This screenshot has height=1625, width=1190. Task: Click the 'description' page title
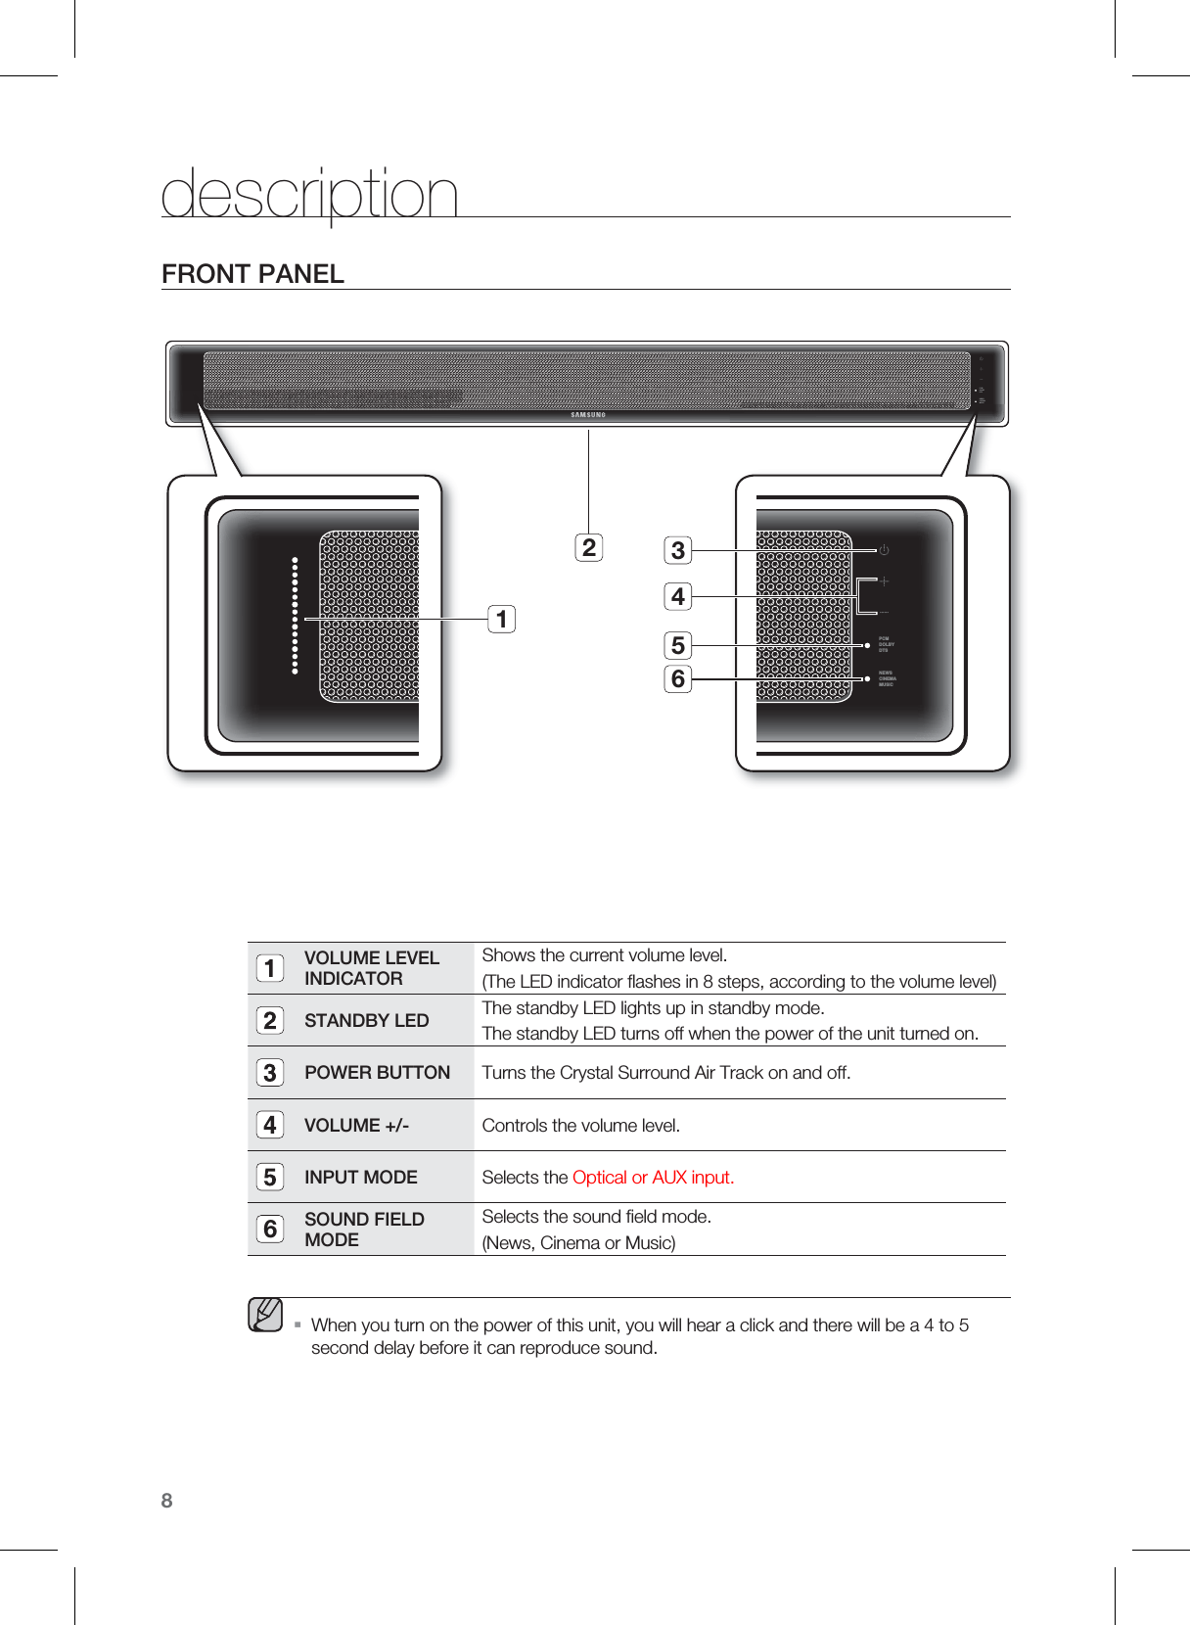click(309, 194)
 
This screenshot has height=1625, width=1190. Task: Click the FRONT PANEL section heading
click(252, 274)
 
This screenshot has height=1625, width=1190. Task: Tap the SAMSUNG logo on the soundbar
click(588, 415)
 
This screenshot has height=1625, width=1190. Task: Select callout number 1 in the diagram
click(502, 619)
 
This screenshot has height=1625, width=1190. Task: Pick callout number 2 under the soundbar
click(588, 547)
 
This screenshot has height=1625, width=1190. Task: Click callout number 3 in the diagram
click(677, 550)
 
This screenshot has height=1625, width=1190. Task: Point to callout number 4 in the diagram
click(677, 596)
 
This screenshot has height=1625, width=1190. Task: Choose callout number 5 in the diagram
click(677, 645)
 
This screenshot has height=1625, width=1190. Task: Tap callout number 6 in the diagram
click(677, 678)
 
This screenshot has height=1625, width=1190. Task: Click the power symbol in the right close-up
click(883, 550)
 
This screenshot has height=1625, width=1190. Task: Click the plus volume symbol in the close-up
click(884, 581)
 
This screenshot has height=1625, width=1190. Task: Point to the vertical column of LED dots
click(295, 616)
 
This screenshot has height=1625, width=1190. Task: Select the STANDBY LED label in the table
click(366, 1020)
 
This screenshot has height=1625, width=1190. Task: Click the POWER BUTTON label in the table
click(377, 1073)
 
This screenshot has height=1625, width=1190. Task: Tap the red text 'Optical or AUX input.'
click(653, 1177)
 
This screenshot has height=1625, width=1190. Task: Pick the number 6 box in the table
click(270, 1229)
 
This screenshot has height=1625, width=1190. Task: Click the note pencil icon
click(265, 1315)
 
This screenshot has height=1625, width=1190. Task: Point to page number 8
click(166, 1501)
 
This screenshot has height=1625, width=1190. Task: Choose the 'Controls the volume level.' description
click(580, 1125)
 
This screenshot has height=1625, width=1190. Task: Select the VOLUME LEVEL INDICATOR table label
click(371, 968)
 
